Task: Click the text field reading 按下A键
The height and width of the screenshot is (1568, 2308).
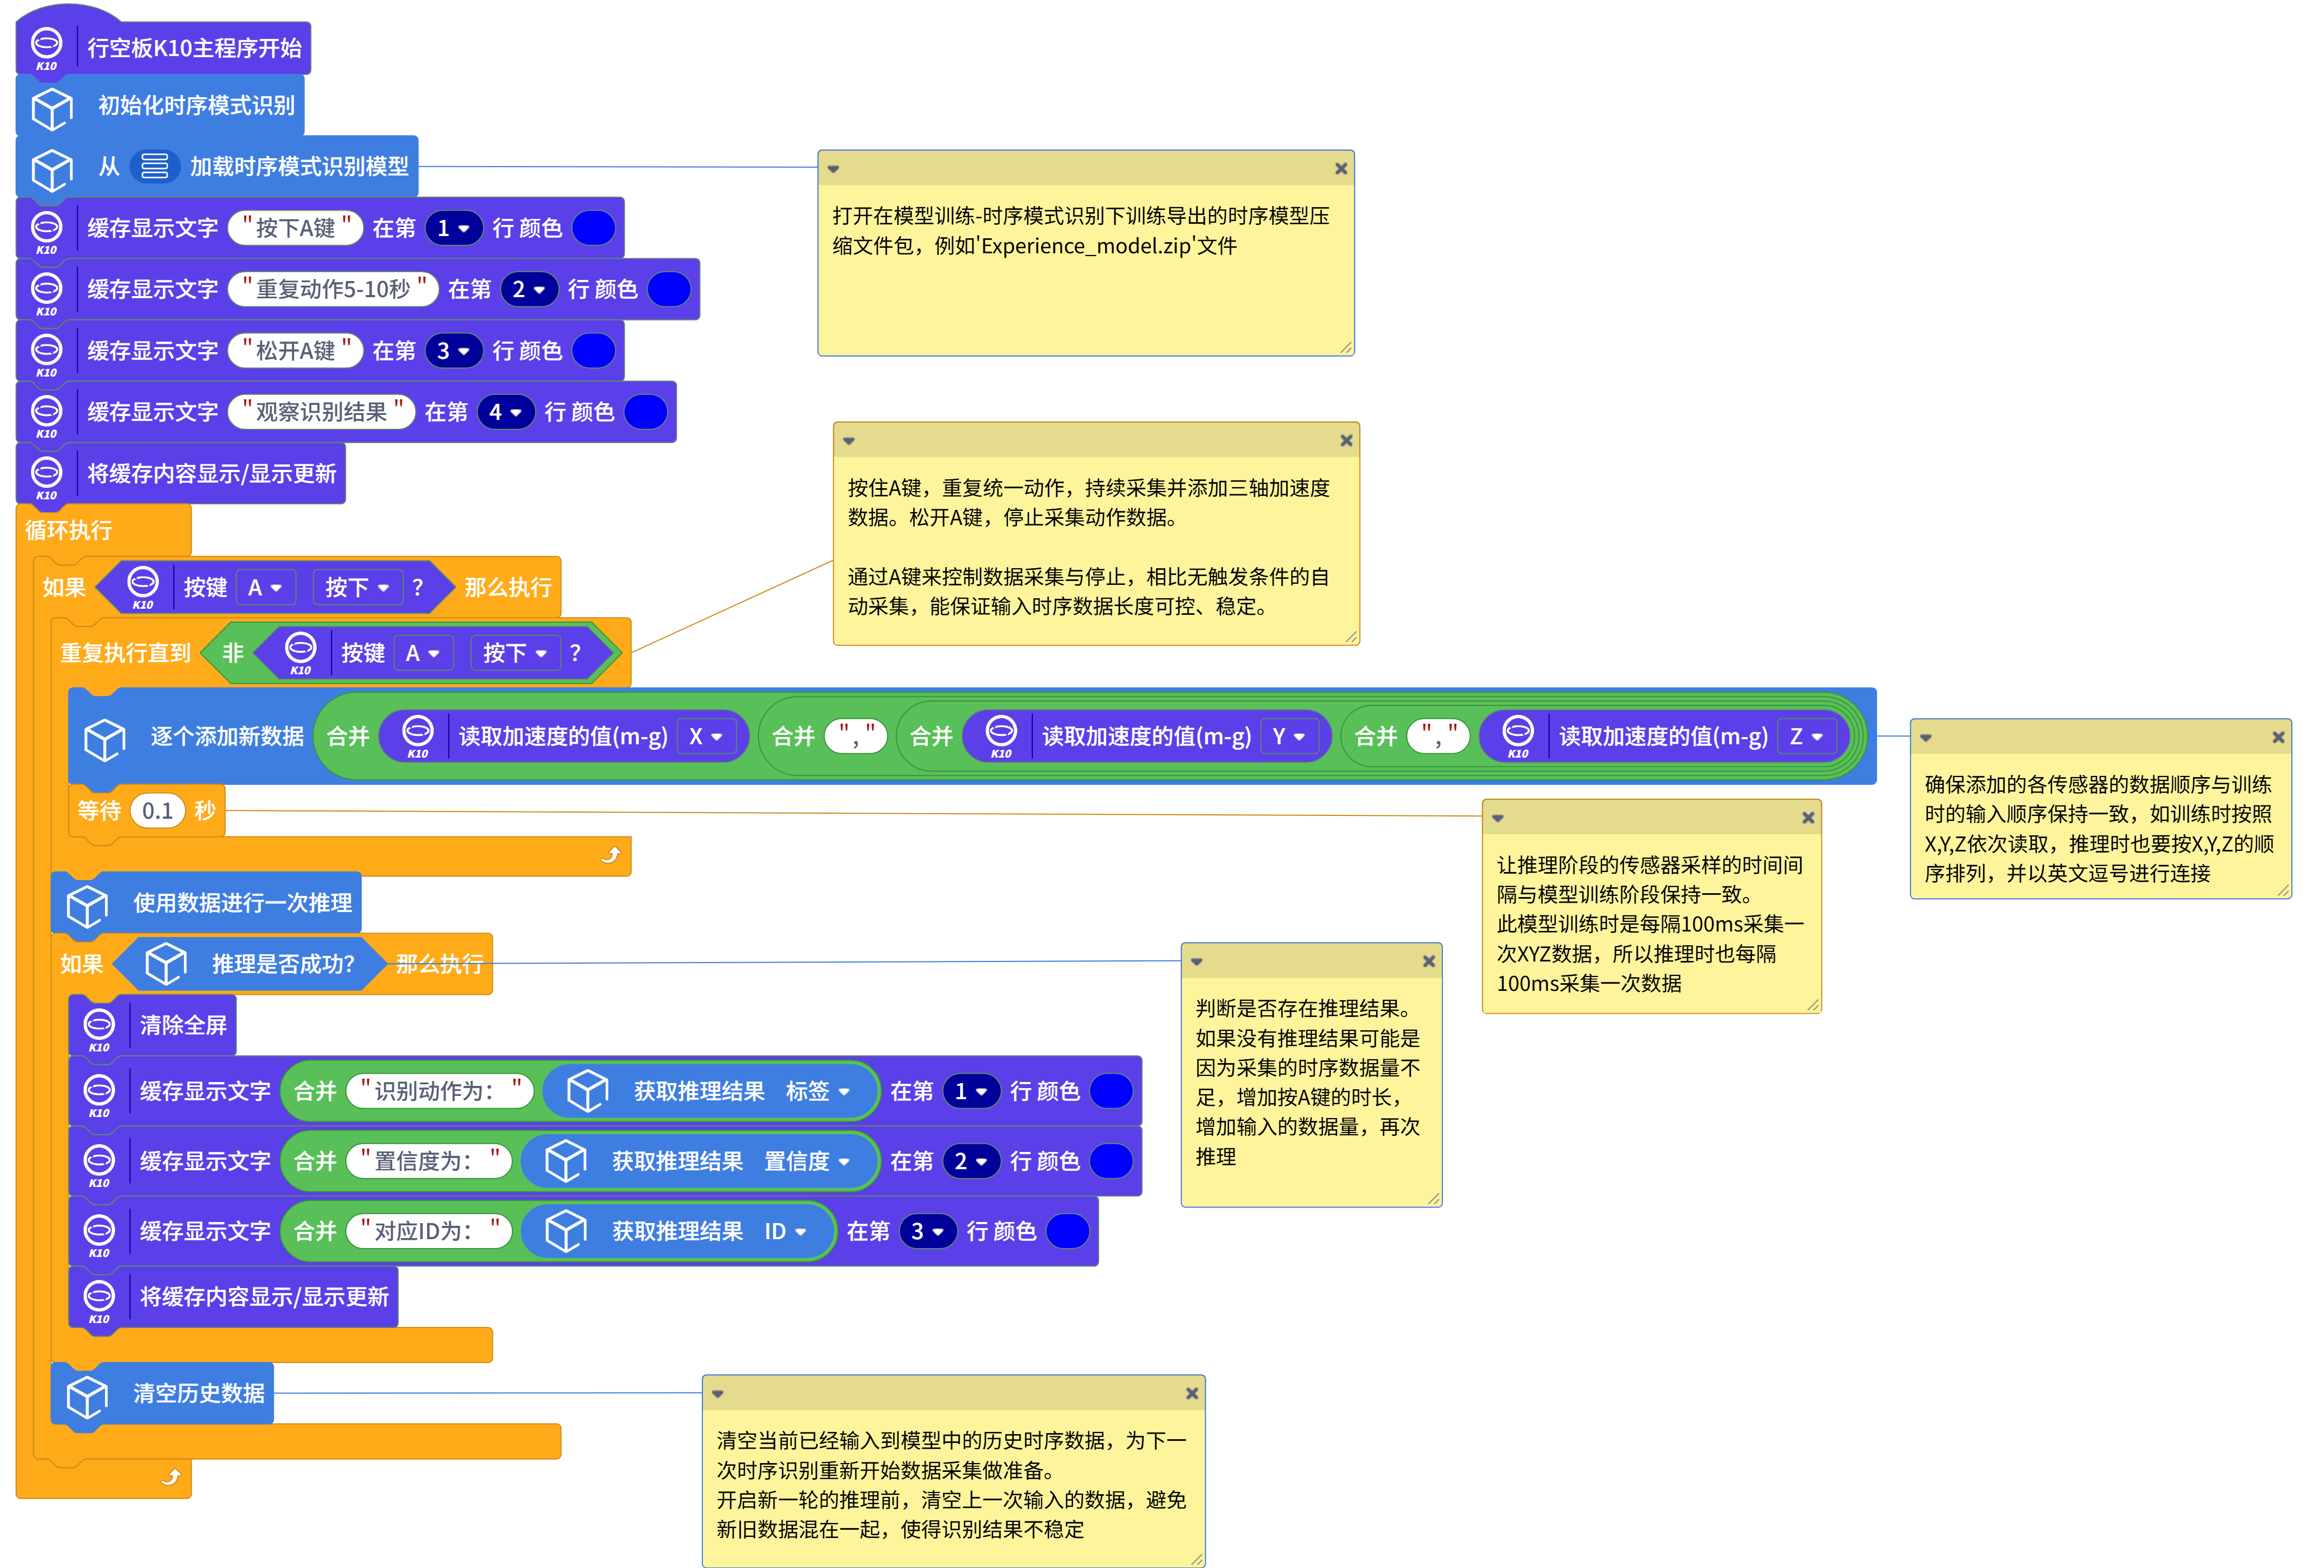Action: [x=295, y=228]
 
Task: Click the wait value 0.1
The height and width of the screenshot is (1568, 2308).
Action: [x=157, y=811]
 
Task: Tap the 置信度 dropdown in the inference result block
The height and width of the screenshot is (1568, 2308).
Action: [x=806, y=1162]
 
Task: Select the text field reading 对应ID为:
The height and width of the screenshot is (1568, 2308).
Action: [x=429, y=1231]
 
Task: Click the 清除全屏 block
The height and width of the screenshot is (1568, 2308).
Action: [x=183, y=1026]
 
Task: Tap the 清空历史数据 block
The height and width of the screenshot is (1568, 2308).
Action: [x=198, y=1393]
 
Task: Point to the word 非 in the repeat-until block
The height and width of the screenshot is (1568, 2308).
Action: [x=232, y=653]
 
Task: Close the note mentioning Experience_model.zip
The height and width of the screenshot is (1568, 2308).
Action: [x=1341, y=169]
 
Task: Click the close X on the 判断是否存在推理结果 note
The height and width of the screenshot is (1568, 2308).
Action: [x=1428, y=961]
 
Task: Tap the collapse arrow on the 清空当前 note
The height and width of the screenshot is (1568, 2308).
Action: [x=718, y=1394]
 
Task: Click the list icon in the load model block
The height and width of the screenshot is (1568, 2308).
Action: [x=154, y=166]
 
